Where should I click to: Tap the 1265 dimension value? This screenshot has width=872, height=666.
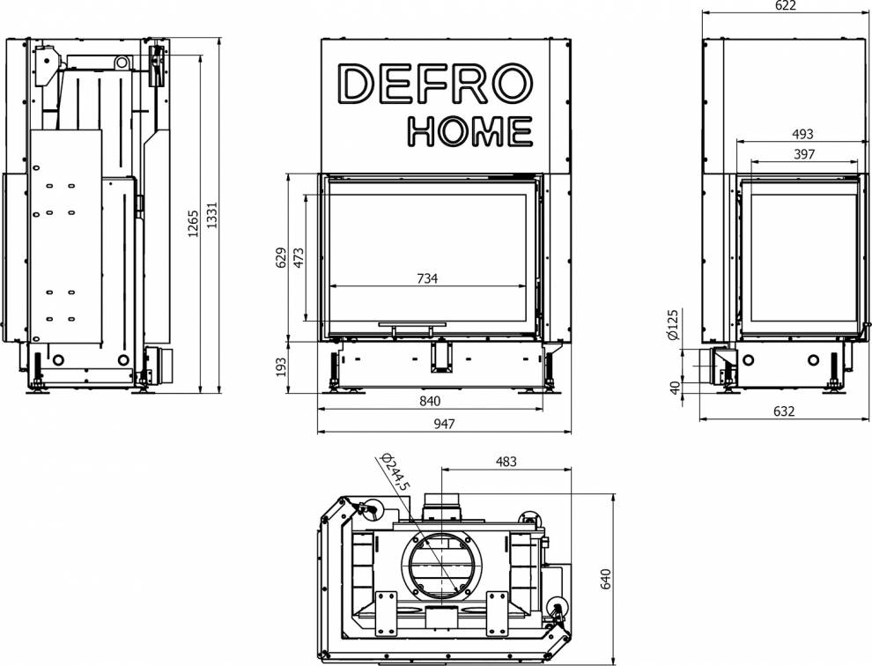click(193, 223)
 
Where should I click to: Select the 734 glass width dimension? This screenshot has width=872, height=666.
click(427, 278)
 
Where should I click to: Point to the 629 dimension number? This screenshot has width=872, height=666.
click(281, 257)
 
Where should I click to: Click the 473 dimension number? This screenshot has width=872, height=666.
click(299, 257)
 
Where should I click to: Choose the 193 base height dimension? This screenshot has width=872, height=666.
click(281, 367)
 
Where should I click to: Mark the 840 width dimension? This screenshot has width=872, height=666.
click(430, 401)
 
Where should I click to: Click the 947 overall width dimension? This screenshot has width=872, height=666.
click(444, 424)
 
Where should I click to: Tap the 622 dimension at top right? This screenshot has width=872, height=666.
click(785, 5)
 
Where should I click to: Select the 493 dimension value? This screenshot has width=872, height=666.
click(802, 134)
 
